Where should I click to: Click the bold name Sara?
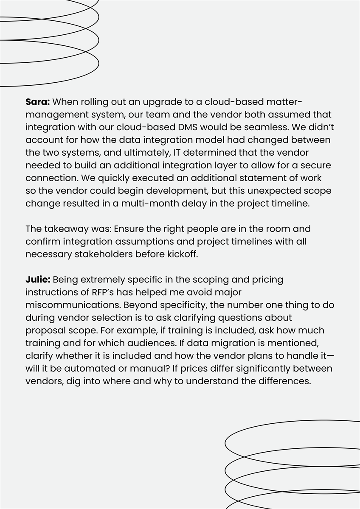pyautogui.click(x=38, y=102)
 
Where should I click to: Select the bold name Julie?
pyautogui.click(x=38, y=280)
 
